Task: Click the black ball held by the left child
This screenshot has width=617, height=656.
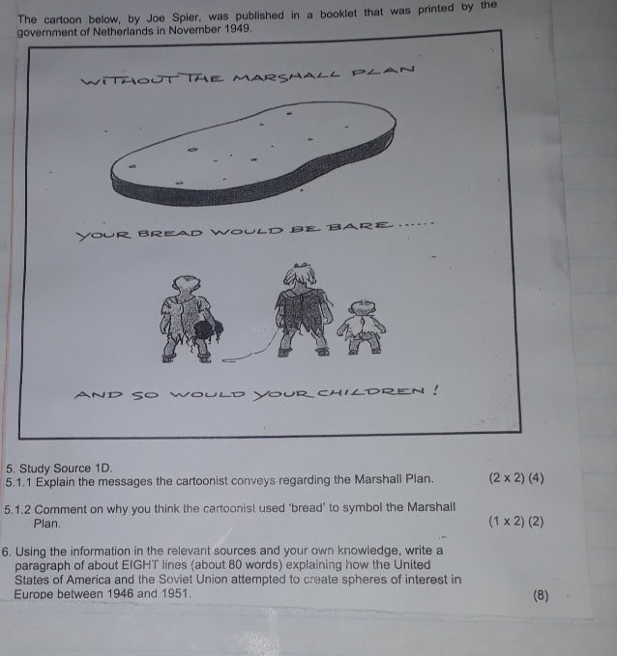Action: [207, 332]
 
